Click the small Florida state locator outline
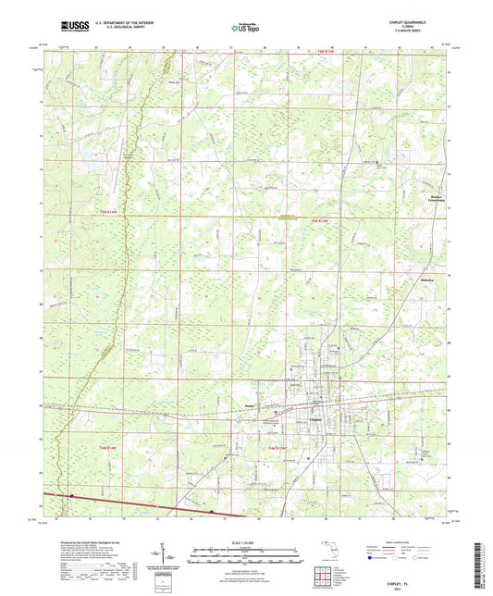click(326, 553)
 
